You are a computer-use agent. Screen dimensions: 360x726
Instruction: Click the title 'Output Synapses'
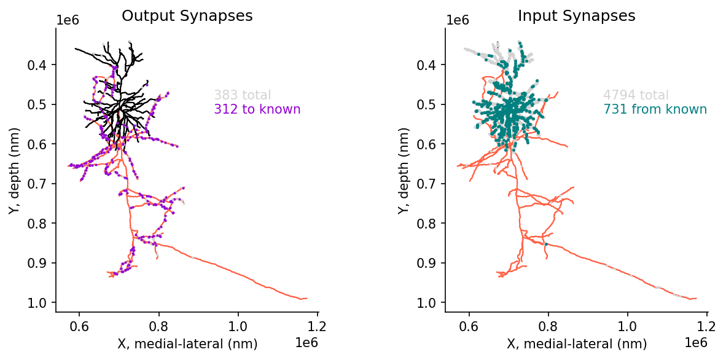pos(187,16)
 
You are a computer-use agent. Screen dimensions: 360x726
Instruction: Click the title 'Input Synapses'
pos(576,16)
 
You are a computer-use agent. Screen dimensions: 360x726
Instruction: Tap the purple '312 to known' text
pos(257,109)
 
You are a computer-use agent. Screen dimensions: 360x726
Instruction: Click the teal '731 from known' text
pos(655,109)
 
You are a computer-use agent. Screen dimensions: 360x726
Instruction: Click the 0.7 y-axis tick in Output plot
pos(37,184)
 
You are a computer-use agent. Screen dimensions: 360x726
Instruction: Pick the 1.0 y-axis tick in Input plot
pos(426,303)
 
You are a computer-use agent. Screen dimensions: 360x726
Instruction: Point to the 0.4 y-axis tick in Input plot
pos(426,65)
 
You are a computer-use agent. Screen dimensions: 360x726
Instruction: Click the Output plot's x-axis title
pos(187,344)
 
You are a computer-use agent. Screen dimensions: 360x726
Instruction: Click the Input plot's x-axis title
pos(577,344)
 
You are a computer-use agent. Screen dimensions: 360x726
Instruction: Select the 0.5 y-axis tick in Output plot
pos(37,104)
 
